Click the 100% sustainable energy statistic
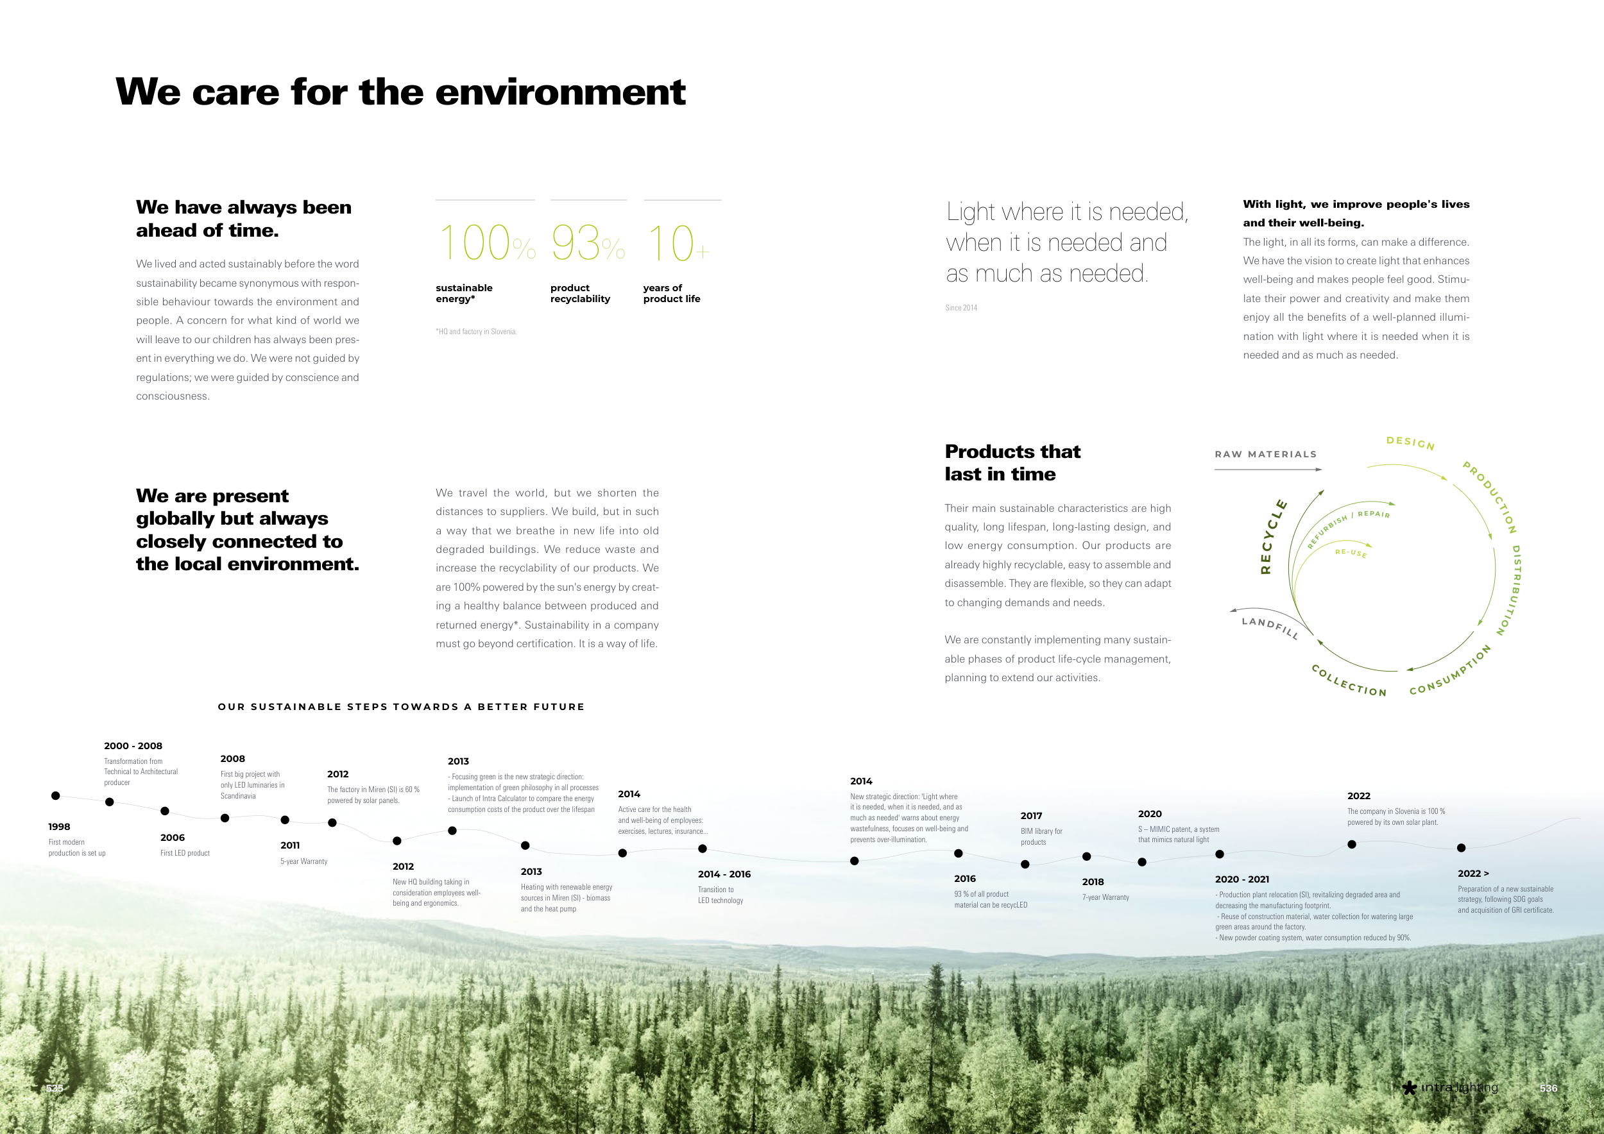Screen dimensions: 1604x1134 click(x=487, y=243)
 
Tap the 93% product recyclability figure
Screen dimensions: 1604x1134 click(x=588, y=243)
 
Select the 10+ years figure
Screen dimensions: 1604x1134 click(x=678, y=243)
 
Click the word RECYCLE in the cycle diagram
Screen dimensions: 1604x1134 click(x=1273, y=536)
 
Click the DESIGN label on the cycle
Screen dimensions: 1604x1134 click(x=1410, y=443)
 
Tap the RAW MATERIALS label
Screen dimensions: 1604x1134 click(x=1265, y=454)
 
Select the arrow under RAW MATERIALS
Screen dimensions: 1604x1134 click(x=1268, y=470)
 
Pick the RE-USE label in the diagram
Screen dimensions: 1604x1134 click(x=1351, y=553)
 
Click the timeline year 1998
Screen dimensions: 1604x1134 click(x=60, y=827)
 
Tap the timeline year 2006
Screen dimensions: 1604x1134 click(x=173, y=837)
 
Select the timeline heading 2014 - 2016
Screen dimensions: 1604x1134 click(x=724, y=874)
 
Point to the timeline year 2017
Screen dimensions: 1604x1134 click(x=1031, y=816)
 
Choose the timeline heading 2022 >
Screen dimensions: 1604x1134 click(x=1473, y=874)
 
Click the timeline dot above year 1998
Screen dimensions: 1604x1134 click(x=56, y=795)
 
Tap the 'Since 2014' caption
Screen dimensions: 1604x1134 click(x=961, y=307)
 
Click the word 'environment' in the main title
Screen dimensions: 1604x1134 click(x=560, y=93)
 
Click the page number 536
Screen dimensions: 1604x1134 click(x=1549, y=1088)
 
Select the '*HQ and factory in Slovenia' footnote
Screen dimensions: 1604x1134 click(x=477, y=332)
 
